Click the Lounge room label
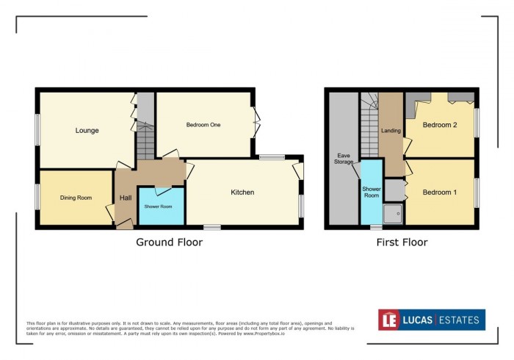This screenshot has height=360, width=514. [x=87, y=131]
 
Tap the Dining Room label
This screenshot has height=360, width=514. [x=76, y=198]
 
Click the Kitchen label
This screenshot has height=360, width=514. [x=242, y=192]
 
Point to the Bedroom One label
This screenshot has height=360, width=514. [x=203, y=125]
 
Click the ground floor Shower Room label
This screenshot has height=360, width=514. [x=157, y=206]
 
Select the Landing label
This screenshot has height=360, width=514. [x=391, y=132]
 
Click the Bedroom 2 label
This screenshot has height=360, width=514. [x=440, y=125]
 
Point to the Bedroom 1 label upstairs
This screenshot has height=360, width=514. [x=440, y=192]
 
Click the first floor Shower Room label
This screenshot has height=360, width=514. [x=371, y=192]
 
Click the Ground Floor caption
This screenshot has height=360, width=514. [x=169, y=242]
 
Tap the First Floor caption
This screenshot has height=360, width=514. [x=402, y=242]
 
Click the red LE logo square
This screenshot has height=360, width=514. [x=388, y=320]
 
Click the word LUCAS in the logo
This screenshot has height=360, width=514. [x=419, y=320]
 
